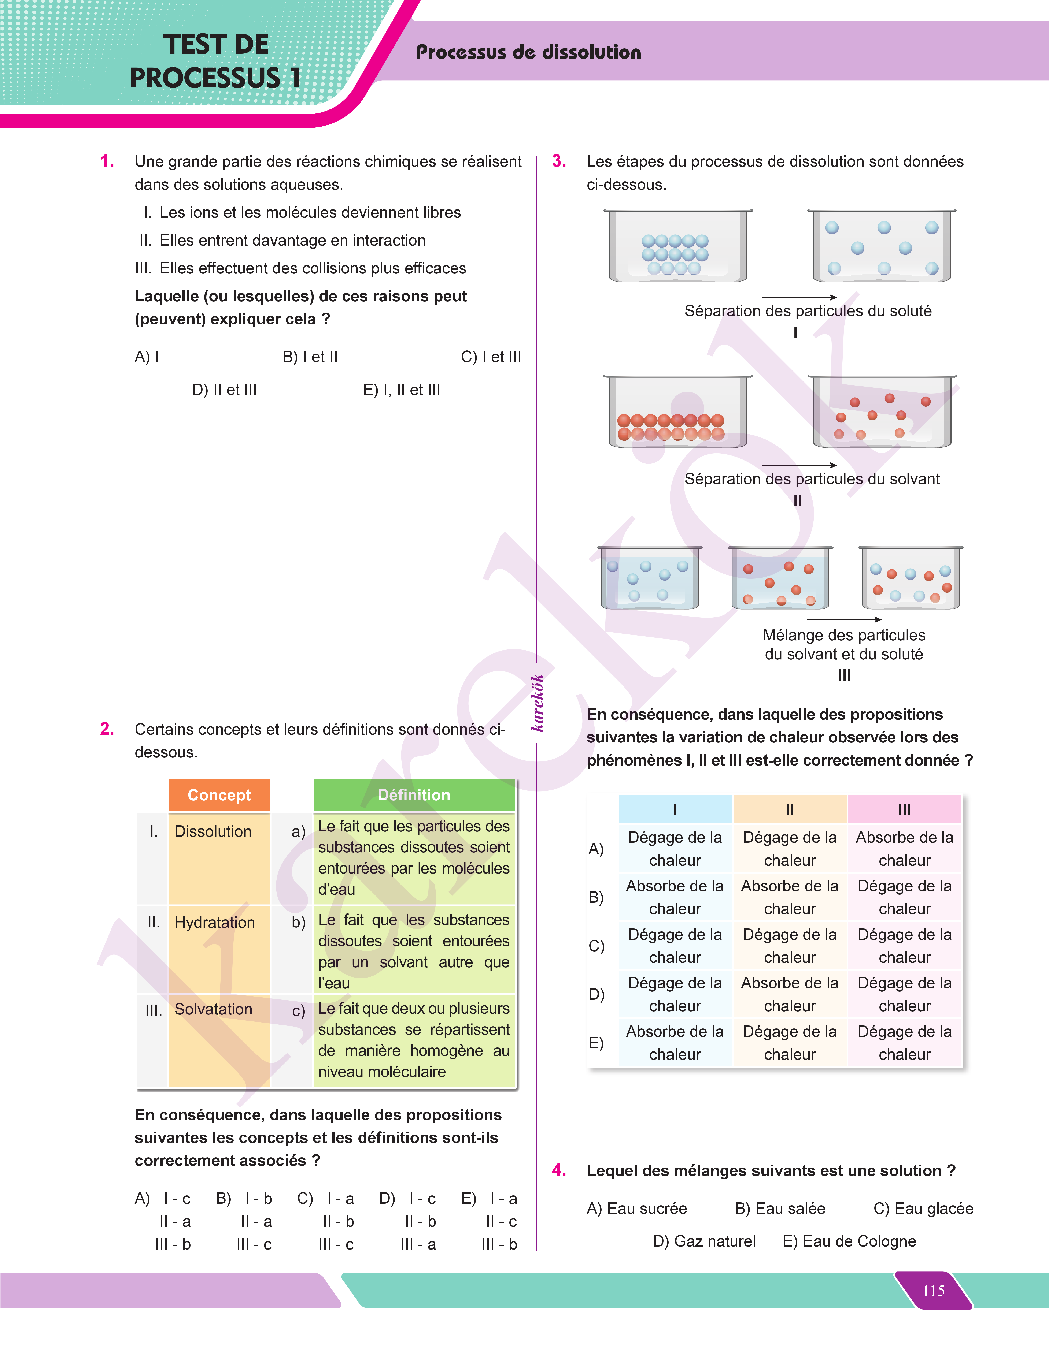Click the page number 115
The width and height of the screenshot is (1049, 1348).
point(934,1291)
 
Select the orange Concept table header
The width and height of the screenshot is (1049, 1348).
point(219,795)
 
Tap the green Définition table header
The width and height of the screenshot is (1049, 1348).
point(414,795)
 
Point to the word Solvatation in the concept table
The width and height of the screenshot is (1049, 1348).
point(214,1009)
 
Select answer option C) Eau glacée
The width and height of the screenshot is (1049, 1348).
point(924,1209)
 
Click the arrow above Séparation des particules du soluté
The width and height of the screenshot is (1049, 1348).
point(799,298)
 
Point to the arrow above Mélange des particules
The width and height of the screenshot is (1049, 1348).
point(844,619)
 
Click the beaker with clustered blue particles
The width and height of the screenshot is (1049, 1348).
point(678,246)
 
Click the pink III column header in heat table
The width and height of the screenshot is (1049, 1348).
point(905,809)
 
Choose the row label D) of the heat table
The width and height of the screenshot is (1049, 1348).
point(596,994)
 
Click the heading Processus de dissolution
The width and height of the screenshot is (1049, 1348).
point(528,52)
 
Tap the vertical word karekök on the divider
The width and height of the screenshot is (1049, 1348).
point(538,703)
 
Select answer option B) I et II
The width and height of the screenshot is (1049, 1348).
point(310,357)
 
